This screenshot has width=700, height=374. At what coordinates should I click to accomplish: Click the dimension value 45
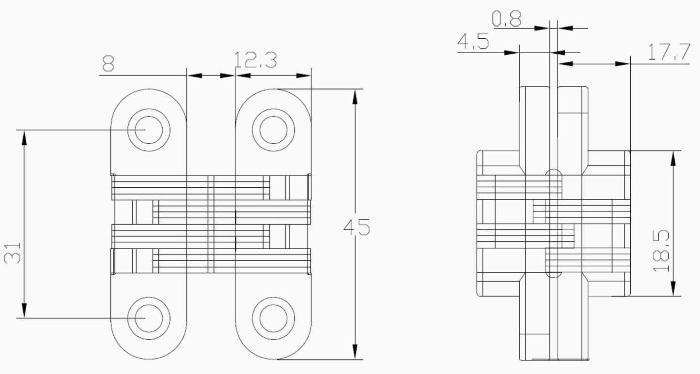357,227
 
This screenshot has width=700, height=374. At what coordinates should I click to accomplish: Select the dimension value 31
12,253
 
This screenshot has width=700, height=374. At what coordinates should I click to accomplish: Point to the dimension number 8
108,63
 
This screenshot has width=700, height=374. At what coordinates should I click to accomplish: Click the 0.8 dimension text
507,18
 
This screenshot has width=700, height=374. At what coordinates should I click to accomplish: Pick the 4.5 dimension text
473,42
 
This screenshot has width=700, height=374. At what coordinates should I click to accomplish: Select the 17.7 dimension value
669,52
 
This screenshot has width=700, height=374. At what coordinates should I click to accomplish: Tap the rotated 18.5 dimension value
661,251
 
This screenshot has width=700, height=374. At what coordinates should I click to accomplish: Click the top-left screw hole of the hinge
149,130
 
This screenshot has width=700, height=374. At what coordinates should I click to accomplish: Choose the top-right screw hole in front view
273,130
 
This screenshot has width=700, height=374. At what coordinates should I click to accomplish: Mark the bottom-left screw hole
149,318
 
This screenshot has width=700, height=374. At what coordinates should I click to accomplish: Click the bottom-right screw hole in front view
273,318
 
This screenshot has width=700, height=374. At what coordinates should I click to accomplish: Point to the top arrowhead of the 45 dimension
355,96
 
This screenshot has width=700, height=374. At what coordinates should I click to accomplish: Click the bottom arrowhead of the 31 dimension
24,310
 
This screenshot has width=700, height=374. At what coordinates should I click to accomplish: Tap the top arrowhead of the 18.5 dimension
673,158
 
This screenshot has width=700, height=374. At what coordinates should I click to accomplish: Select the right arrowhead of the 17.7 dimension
622,64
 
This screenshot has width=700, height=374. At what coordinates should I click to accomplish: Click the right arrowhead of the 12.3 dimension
303,75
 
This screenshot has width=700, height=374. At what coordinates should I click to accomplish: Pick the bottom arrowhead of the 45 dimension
355,352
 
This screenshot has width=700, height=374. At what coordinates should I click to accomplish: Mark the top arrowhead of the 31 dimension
24,138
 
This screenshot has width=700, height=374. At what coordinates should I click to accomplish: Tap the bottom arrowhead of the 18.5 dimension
673,288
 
